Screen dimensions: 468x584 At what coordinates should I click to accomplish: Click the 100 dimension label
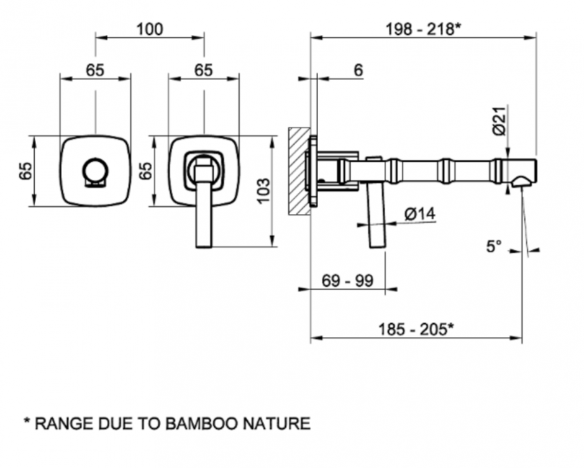149,29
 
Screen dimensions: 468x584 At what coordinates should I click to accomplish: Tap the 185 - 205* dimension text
416,329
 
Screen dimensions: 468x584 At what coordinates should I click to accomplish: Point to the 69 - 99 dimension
347,281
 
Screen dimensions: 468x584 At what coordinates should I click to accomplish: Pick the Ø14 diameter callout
420,214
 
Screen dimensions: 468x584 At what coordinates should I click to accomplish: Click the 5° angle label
493,247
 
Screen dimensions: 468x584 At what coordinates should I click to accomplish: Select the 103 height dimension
263,191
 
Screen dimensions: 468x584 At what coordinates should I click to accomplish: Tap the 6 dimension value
358,70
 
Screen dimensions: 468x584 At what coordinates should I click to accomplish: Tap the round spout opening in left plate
95,169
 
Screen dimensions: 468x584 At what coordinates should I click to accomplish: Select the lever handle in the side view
376,214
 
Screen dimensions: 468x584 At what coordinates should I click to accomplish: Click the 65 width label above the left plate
95,70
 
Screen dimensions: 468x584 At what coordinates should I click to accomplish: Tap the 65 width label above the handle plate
203,70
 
